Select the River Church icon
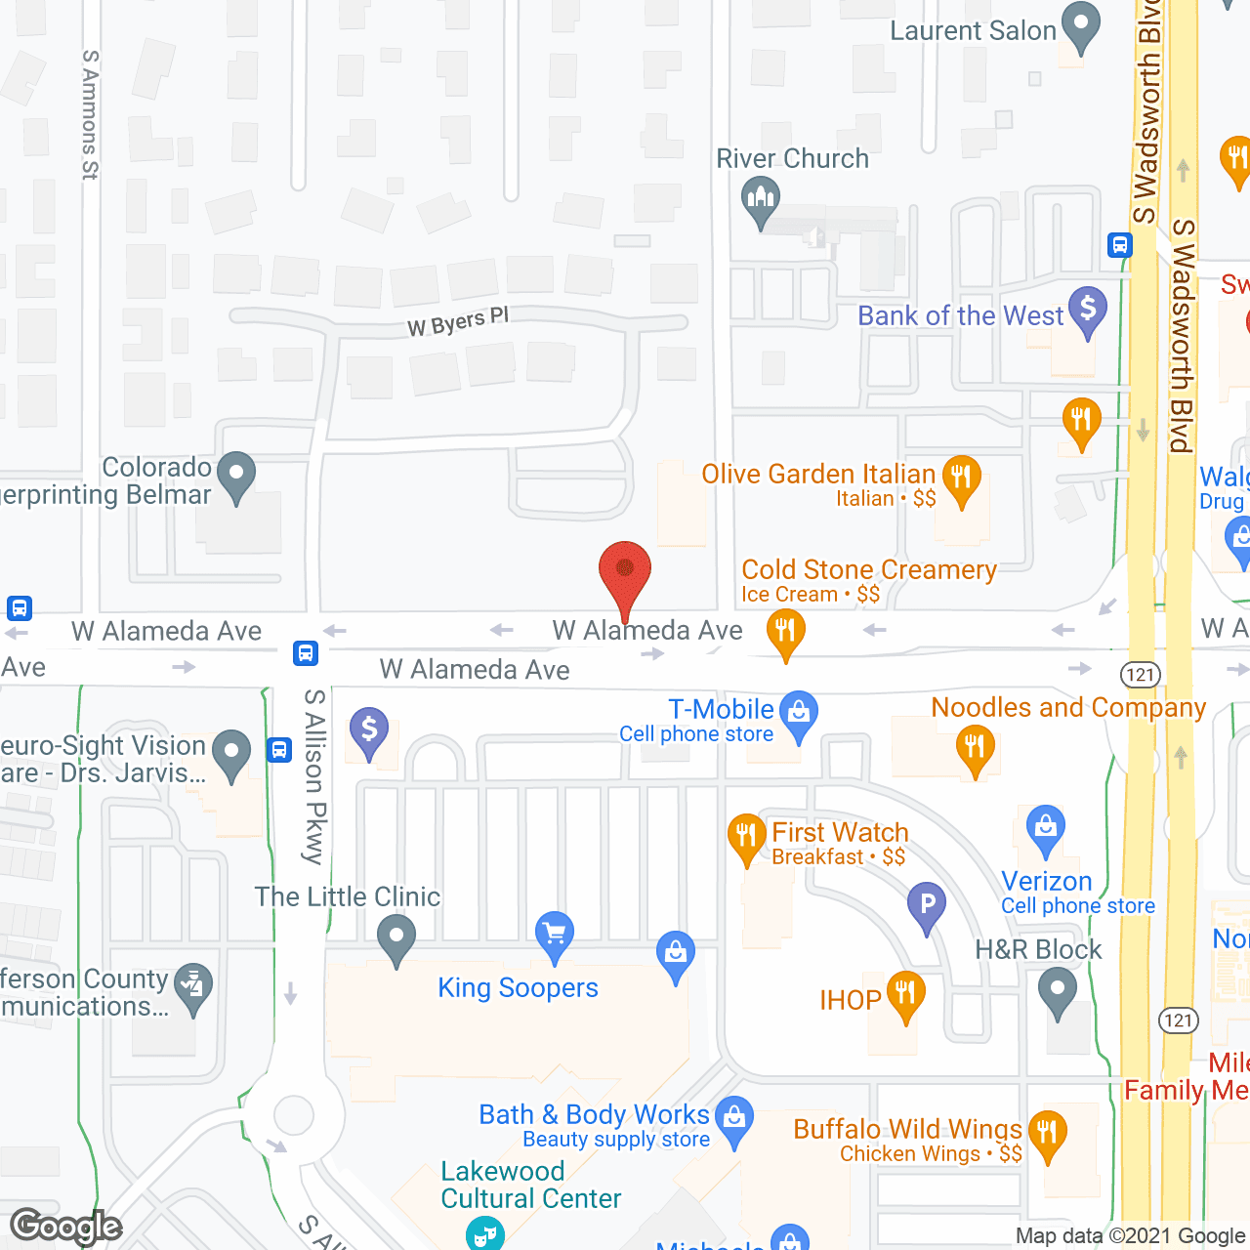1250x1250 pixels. pyautogui.click(x=760, y=201)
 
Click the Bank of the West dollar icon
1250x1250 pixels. pyautogui.click(x=1088, y=311)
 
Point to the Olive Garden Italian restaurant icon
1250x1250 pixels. pyautogui.click(x=961, y=479)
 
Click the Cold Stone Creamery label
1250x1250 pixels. pyautogui.click(x=869, y=570)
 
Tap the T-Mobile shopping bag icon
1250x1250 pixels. pyautogui.click(x=799, y=715)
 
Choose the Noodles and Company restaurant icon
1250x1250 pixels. pyautogui.click(x=975, y=749)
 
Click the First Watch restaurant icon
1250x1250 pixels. pyautogui.click(x=746, y=837)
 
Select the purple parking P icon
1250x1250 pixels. pyautogui.click(x=927, y=905)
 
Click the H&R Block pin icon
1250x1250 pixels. pyautogui.click(x=1058, y=993)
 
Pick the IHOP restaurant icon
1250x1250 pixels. pyautogui.click(x=905, y=995)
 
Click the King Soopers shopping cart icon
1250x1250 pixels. pyautogui.click(x=555, y=935)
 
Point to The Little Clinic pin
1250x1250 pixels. pyautogui.click(x=396, y=938)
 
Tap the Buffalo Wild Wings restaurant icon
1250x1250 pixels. pyautogui.click(x=1047, y=1134)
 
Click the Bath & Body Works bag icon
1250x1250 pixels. pyautogui.click(x=734, y=1117)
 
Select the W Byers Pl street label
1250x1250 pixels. pyautogui.click(x=458, y=321)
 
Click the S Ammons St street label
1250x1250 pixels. pyautogui.click(x=90, y=115)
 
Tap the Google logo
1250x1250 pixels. pyautogui.click(x=66, y=1227)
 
